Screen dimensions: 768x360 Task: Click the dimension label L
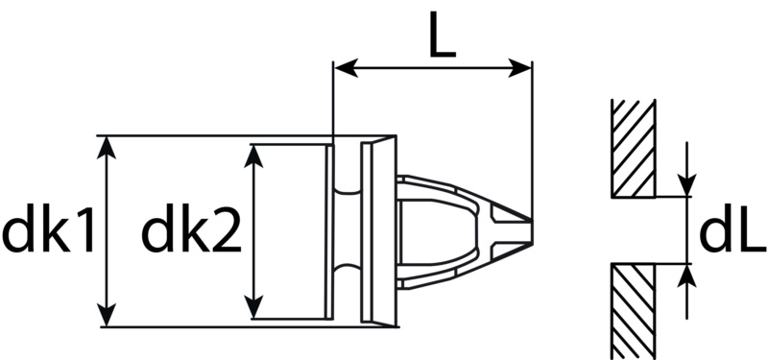[443, 34]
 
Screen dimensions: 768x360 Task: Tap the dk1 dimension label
[48, 230]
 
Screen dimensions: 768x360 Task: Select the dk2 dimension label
[191, 230]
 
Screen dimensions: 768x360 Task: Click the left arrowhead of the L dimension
[346, 68]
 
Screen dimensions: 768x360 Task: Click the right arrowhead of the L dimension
[519, 68]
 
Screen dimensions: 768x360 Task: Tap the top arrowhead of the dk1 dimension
[107, 148]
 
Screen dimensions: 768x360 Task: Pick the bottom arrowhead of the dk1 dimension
[107, 315]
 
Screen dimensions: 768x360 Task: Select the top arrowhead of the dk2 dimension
[253, 156]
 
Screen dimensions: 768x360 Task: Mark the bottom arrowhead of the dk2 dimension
[253, 306]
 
